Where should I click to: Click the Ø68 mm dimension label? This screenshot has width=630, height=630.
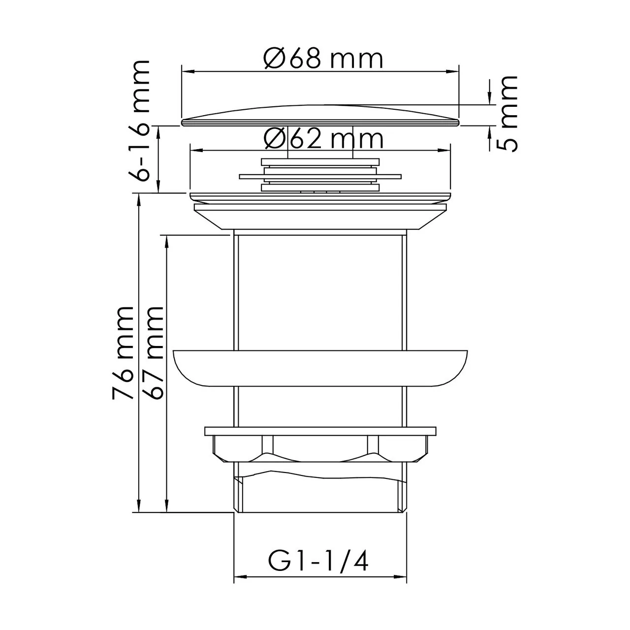[323, 59]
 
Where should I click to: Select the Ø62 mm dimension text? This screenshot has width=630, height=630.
[323, 139]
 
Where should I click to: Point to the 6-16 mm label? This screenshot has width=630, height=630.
[139, 121]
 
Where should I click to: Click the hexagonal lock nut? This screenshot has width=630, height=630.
[320, 445]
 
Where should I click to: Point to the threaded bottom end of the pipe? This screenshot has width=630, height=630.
[320, 492]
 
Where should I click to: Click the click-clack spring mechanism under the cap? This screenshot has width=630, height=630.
[320, 175]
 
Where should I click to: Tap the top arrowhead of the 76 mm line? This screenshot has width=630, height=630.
[139, 198]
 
